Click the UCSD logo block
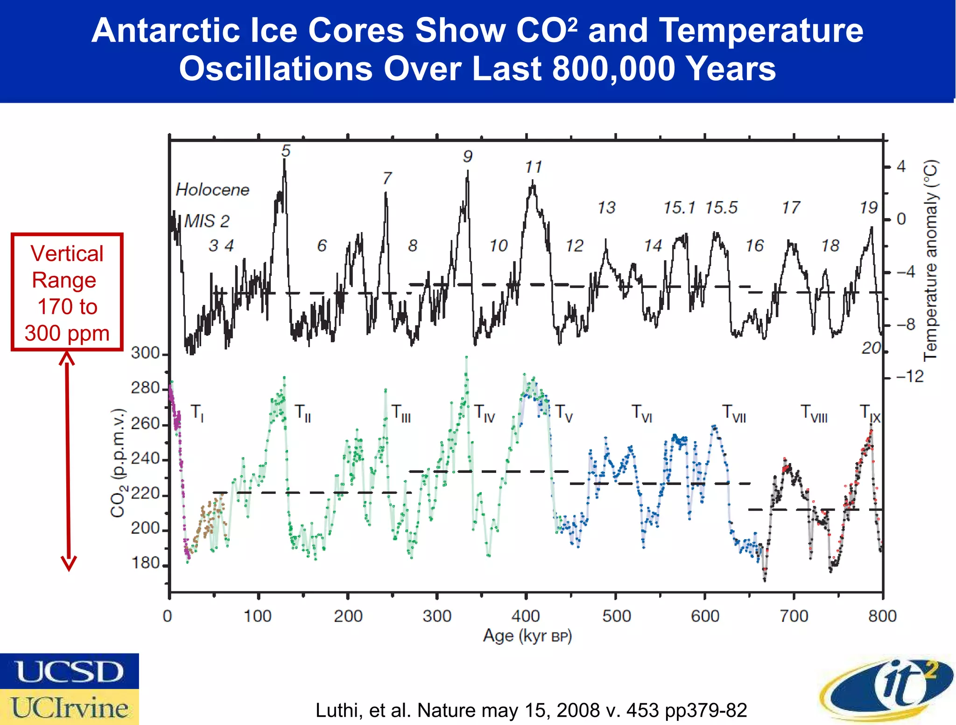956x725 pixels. [69, 671]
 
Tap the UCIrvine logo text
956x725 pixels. [69, 707]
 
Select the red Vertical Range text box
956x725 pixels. [67, 292]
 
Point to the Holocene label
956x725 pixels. [212, 190]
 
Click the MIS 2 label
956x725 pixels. [207, 221]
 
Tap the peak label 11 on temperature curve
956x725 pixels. [533, 167]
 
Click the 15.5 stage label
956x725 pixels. [721, 207]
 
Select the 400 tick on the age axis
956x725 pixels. [526, 616]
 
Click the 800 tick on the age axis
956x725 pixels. [882, 616]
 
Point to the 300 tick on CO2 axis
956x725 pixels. [145, 353]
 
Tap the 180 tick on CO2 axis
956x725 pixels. [145, 563]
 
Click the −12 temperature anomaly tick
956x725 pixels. [910, 376]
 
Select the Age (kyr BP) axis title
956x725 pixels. [527, 636]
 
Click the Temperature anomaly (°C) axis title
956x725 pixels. [930, 260]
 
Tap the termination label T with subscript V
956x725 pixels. [563, 413]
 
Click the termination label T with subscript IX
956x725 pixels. [870, 414]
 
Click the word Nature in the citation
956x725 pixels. [448, 710]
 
